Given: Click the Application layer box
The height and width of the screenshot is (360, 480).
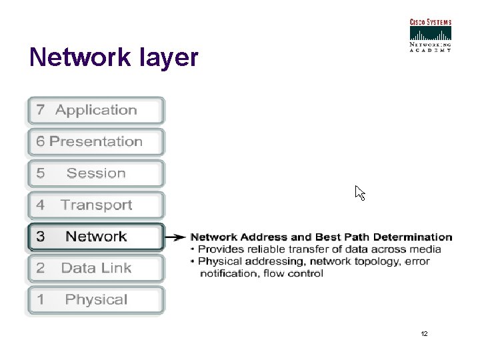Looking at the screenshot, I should tap(95, 111).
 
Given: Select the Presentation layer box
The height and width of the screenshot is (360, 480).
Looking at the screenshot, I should tap(95, 142).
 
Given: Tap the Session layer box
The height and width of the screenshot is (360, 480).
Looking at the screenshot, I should tap(95, 173).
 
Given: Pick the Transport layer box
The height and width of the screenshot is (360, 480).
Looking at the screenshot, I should tap(95, 205).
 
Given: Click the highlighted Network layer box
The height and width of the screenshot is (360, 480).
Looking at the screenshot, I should tap(95, 237).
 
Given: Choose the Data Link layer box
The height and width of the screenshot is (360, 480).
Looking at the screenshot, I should tap(95, 268).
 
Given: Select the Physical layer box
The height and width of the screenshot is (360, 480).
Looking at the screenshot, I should tap(95, 300).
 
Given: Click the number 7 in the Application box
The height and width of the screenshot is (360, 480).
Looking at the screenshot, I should tap(41, 111).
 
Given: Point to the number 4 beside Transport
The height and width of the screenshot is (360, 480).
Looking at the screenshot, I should tap(41, 205).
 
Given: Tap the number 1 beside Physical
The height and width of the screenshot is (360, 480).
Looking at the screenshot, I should tap(41, 300).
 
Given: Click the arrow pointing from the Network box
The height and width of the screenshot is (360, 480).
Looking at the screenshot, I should tap(175, 237).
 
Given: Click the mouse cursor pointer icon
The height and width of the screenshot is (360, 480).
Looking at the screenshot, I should tap(359, 193).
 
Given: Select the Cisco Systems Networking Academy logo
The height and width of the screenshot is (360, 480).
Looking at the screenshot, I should tap(430, 35).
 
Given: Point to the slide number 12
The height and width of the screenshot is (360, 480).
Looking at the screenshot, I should tap(425, 333).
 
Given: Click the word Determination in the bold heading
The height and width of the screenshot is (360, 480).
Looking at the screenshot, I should tap(413, 237).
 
